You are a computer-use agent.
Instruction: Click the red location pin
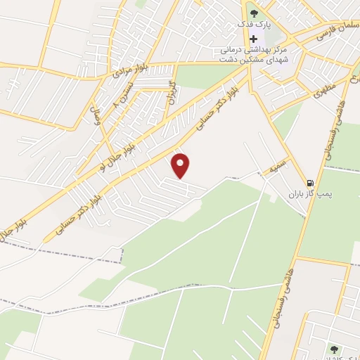[x=181, y=165]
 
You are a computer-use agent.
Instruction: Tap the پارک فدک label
[x=255, y=25]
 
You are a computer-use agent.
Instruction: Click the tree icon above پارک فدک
[x=255, y=12]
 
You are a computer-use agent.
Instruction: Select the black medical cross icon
[x=254, y=38]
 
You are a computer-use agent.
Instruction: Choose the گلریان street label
[x=171, y=92]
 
